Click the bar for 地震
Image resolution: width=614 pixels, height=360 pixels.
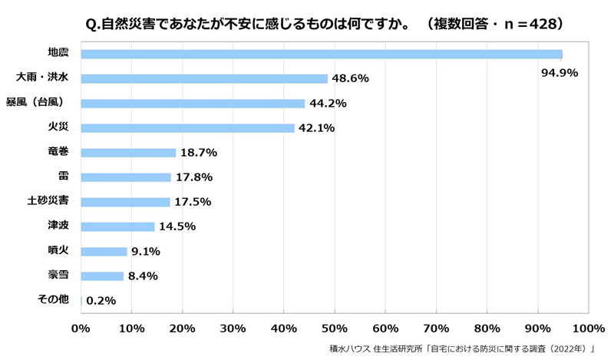322,54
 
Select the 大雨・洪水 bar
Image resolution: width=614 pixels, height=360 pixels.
204,79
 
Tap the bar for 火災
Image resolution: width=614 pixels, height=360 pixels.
187,128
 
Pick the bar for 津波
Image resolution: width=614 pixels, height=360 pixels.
117,226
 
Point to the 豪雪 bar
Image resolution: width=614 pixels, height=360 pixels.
102,276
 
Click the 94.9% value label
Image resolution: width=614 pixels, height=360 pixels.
560,73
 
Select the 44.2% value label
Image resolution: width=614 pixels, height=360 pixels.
328,104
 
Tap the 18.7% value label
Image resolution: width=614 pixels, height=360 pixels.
199,153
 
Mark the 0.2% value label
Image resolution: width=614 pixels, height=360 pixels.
101,301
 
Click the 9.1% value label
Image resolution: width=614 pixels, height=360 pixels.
146,252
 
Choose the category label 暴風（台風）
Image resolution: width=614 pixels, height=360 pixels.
35,102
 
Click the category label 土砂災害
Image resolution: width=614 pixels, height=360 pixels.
48,200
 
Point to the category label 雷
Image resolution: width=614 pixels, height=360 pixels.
64,176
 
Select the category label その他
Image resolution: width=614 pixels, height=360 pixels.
53,299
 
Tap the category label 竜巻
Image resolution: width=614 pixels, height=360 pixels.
58,151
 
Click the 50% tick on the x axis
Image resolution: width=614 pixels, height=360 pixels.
335,329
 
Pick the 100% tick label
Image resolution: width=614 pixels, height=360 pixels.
589,329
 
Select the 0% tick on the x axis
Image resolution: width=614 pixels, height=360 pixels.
81,329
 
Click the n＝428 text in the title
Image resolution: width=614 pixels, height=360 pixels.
530,25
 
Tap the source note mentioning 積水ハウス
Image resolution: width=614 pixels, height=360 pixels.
462,348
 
